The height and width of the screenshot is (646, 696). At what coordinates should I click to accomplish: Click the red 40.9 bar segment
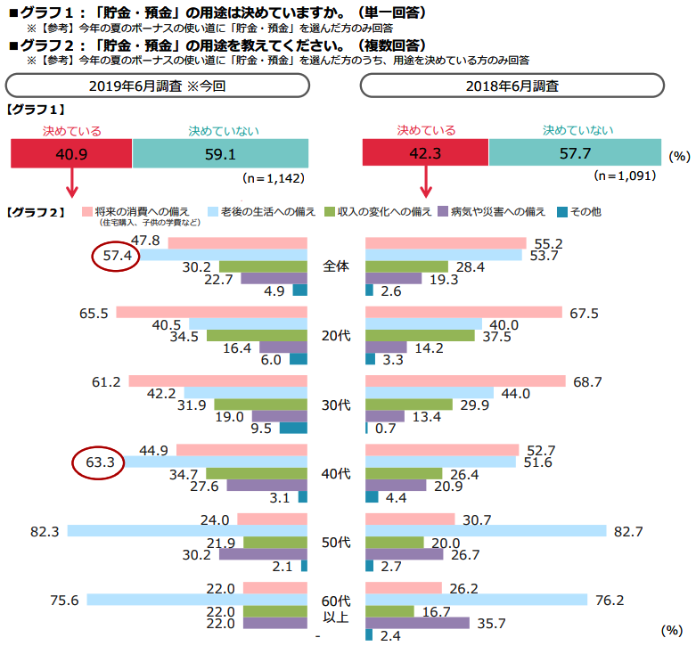coord(70,154)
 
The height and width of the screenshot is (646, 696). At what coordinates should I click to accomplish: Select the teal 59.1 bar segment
coord(220,154)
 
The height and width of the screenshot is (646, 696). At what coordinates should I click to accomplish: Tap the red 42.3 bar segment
coord(426,154)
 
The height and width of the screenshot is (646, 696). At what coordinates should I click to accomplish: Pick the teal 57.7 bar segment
coord(575,154)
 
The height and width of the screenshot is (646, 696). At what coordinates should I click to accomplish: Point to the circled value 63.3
coord(96,463)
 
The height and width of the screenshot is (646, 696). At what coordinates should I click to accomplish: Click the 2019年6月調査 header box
coord(157,86)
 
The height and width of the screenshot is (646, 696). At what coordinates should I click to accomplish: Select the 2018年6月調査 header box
coord(512,86)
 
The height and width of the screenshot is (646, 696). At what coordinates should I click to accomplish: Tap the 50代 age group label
coord(336,543)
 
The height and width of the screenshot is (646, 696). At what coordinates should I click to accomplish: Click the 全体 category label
coord(336,266)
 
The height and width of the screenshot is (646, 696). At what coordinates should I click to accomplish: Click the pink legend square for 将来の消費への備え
coord(86,212)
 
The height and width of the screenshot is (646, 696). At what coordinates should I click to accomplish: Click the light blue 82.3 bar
coord(187,531)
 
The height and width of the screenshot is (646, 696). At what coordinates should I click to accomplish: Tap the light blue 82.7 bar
coord(486,531)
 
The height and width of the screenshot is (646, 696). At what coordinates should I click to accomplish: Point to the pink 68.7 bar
coord(465,380)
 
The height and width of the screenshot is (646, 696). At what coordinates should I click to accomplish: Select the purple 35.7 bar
coord(417,624)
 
